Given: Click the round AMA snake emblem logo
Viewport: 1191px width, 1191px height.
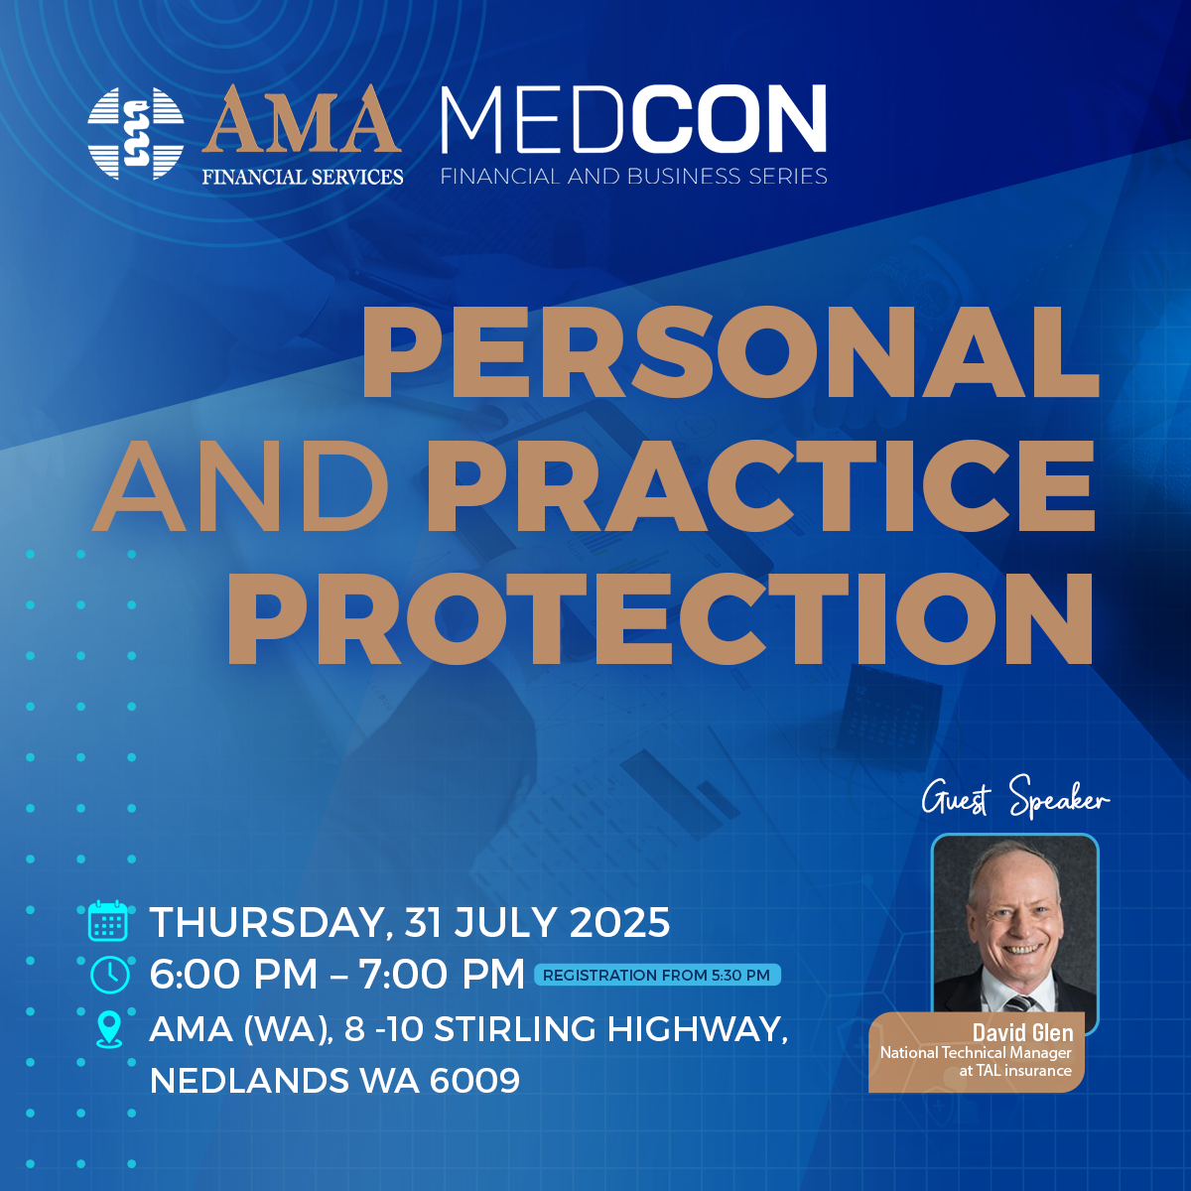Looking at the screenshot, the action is coord(135,134).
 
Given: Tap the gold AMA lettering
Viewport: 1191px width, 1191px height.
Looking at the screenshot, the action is coord(303,119).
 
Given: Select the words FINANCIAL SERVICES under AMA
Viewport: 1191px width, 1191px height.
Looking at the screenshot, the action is coord(303,177).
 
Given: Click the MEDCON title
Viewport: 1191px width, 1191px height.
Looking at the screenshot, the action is coord(633,119).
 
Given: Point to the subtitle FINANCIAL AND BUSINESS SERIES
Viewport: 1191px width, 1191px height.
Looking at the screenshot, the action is coord(633,176).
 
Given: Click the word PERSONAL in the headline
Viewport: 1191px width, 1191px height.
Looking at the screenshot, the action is coord(730,351).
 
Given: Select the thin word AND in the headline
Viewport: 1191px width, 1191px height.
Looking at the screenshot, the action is coord(240,485).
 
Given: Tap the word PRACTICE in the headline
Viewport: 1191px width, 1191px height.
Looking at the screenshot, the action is coord(761,485).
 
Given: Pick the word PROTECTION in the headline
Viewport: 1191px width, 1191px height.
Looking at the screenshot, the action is coord(661,618).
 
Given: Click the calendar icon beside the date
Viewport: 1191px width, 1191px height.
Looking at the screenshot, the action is coord(108,921).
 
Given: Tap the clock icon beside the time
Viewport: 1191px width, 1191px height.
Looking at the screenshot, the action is coord(110,976).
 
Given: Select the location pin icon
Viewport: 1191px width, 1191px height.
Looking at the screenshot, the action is coord(109,1030).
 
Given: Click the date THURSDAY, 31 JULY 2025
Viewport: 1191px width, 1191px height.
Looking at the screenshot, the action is coord(410,922).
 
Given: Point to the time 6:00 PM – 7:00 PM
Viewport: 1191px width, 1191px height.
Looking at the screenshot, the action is coord(336,974).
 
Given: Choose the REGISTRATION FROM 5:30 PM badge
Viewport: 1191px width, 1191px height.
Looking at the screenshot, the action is coord(657,975).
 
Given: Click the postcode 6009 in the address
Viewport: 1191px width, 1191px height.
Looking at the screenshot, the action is coord(474,1081).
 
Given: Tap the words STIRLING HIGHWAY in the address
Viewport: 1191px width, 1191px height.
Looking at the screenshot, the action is coord(610,1029).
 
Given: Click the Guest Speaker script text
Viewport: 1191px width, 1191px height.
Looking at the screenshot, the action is coord(1015,798).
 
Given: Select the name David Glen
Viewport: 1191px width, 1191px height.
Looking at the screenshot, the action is coord(1023,1032).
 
